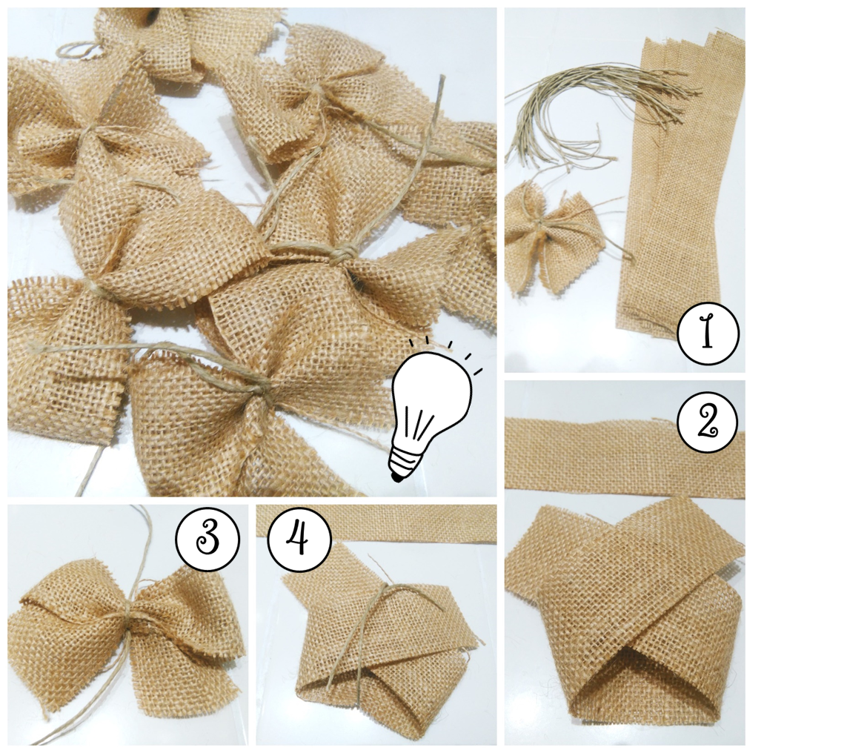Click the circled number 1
708,333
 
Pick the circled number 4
299,539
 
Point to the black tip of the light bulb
398,477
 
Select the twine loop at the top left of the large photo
81,50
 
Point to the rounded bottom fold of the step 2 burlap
642,708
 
